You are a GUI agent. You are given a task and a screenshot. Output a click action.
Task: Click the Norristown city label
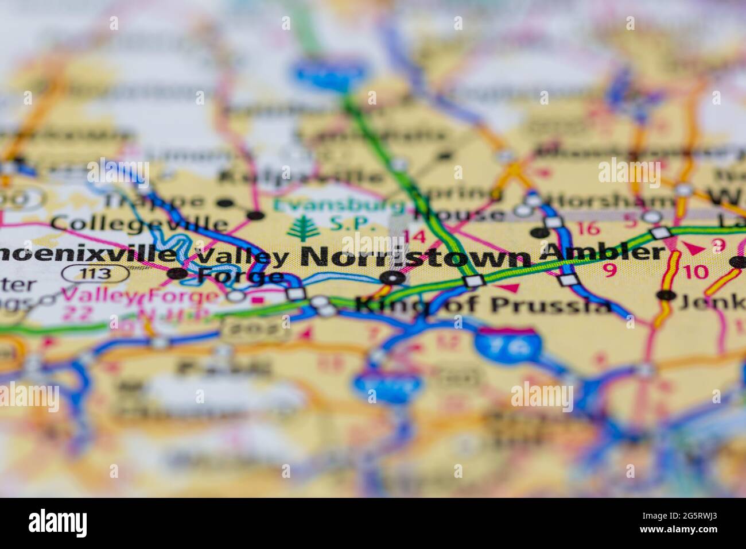[x=414, y=257]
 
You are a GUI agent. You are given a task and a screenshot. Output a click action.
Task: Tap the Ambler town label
[x=603, y=252]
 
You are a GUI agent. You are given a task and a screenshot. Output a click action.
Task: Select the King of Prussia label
[x=483, y=304]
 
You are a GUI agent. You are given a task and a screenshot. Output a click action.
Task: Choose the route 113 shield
[x=96, y=273]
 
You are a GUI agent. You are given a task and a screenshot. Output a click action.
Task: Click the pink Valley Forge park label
[x=140, y=297]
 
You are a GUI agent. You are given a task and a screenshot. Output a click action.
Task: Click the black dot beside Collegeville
[x=255, y=216]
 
